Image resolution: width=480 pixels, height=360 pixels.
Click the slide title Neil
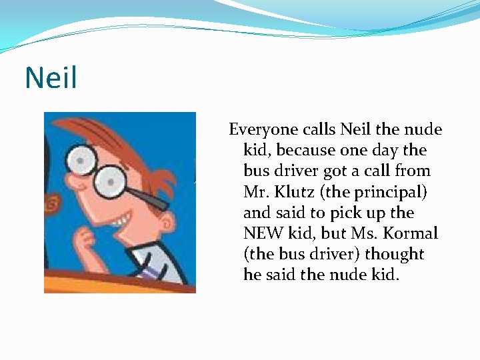(x=51, y=78)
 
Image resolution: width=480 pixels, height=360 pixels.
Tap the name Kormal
(x=413, y=233)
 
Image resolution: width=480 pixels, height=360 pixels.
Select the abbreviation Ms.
(x=369, y=233)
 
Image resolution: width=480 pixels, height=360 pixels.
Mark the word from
(x=413, y=171)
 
